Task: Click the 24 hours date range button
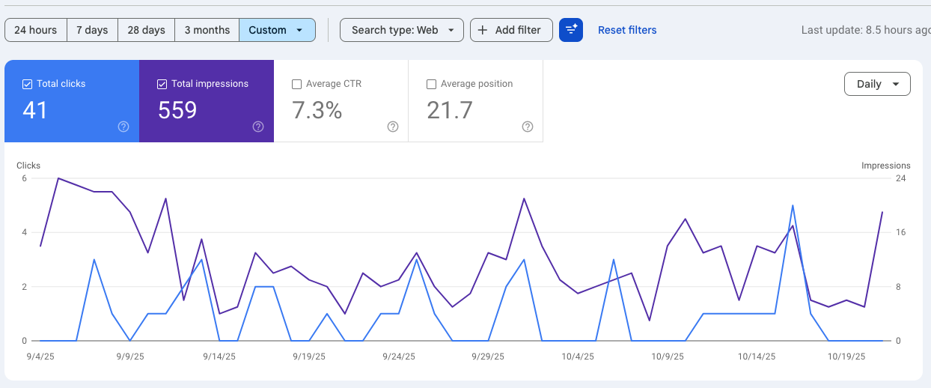35,30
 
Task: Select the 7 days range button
92,30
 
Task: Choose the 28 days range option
146,30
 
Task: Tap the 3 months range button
207,30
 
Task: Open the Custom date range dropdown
277,30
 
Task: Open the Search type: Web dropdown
401,30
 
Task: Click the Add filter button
511,30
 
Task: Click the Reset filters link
627,30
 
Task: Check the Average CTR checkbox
296,84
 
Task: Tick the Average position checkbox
431,84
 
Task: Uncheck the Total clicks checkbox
28,84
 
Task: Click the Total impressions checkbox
162,84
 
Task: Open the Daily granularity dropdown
877,84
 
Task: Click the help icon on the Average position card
528,127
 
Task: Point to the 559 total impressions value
177,110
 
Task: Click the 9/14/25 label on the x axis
219,357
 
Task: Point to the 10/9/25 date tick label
668,357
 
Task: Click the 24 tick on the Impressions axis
901,178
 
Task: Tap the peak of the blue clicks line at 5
793,205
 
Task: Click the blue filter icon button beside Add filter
571,30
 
